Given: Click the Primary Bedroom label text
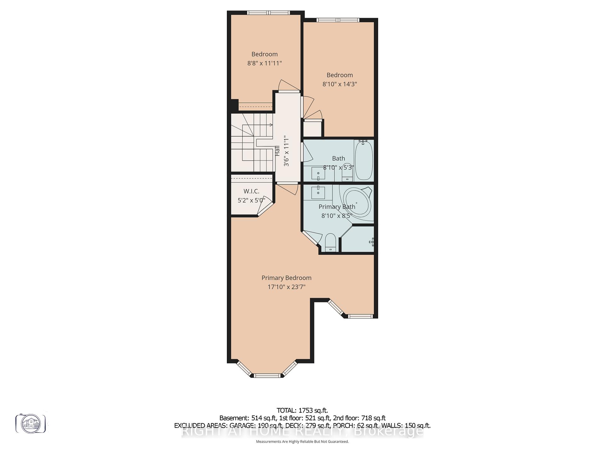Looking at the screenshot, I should [x=286, y=278].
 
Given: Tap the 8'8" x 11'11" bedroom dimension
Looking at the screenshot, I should [x=264, y=63].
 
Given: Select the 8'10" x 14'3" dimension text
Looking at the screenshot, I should [x=339, y=84].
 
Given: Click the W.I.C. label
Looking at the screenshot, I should [x=251, y=191].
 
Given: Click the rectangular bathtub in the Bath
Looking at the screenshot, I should [x=364, y=161].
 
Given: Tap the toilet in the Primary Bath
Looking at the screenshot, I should [x=330, y=242].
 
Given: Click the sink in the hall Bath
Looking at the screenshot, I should [x=318, y=174].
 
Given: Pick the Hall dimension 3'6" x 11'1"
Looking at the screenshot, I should [x=286, y=151].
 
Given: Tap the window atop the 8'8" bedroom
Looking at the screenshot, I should [x=268, y=13].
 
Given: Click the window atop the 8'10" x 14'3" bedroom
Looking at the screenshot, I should [x=338, y=20].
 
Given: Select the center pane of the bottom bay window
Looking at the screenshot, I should [x=267, y=375].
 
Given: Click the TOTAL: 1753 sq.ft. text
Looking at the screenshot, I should [x=302, y=410].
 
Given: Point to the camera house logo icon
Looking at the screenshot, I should [x=31, y=423].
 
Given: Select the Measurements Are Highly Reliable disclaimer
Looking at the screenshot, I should [x=302, y=442].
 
